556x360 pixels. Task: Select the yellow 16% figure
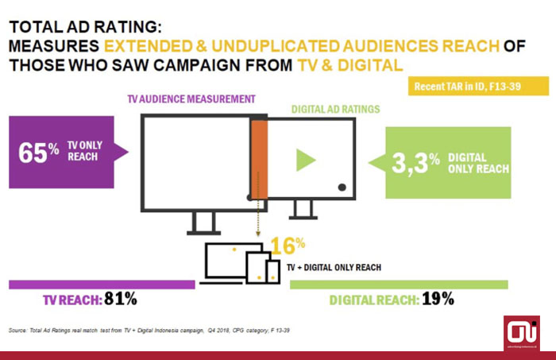point(288,245)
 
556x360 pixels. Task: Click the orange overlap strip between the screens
point(259,159)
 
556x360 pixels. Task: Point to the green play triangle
point(306,160)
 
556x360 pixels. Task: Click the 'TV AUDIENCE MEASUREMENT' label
point(191,99)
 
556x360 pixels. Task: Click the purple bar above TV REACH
point(101,284)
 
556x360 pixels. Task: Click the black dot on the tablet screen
point(342,187)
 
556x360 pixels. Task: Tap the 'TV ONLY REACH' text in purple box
point(84,150)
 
